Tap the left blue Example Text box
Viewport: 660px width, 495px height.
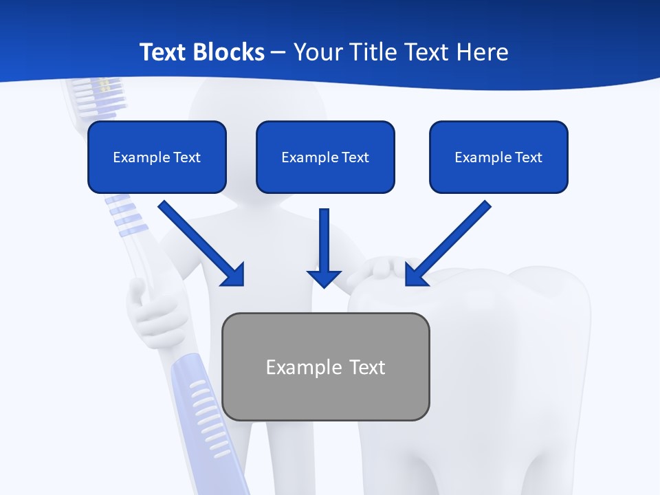157,157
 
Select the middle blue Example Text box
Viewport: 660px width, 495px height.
325,157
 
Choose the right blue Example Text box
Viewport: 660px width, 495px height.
498,157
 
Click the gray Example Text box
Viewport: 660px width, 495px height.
325,366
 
